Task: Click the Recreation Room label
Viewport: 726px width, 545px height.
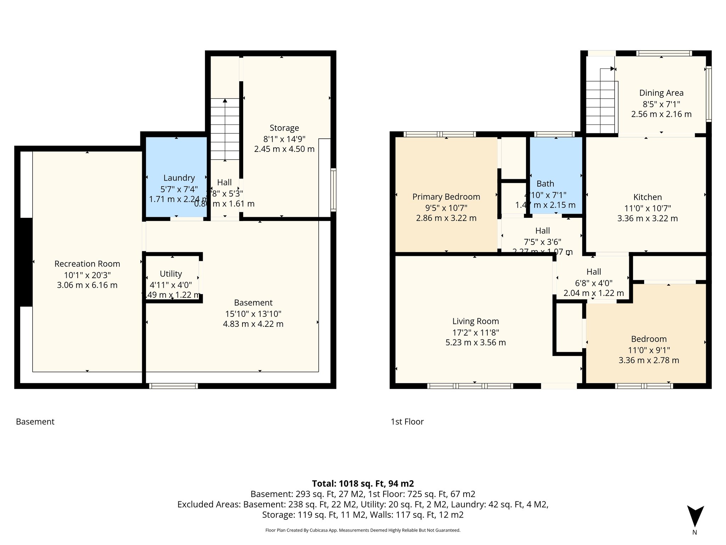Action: (x=87, y=264)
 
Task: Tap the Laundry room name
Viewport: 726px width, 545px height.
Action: (x=179, y=178)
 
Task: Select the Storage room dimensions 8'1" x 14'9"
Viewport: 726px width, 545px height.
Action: (x=284, y=139)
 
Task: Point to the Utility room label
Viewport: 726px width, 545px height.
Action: (x=171, y=274)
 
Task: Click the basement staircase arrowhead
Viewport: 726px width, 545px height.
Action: (x=225, y=101)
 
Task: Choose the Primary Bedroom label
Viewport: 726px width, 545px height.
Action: (x=446, y=197)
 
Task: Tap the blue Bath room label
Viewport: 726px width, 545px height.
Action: (x=545, y=184)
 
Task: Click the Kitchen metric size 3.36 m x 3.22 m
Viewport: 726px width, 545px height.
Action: (x=647, y=219)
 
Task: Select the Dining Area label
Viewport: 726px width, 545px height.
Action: (x=661, y=93)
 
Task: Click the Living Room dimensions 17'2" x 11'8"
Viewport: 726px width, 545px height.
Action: (x=475, y=332)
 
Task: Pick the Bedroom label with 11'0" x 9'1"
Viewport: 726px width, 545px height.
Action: (x=648, y=339)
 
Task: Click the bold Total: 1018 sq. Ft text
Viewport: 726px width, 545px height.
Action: (x=363, y=484)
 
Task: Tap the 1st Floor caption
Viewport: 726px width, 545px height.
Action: (x=407, y=422)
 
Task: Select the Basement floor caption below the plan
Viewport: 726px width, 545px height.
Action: (x=35, y=422)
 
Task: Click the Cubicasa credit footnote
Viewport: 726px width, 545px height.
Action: (x=363, y=530)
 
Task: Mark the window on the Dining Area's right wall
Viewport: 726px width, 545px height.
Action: (x=708, y=94)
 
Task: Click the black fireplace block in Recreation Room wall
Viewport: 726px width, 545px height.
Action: (x=26, y=262)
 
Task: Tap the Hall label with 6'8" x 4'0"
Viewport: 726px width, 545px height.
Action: (x=593, y=272)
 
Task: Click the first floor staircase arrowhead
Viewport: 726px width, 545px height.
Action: (x=612, y=69)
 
